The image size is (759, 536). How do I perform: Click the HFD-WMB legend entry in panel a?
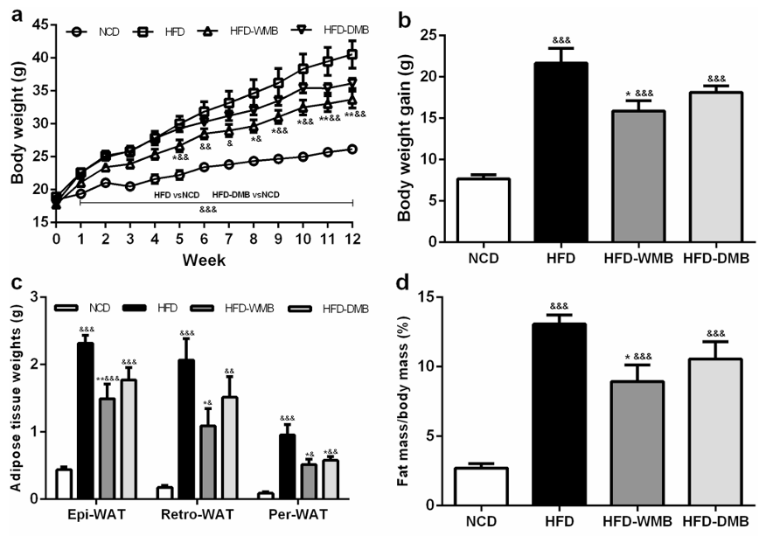coord(234,31)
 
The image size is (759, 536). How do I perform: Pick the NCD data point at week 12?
coord(352,150)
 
